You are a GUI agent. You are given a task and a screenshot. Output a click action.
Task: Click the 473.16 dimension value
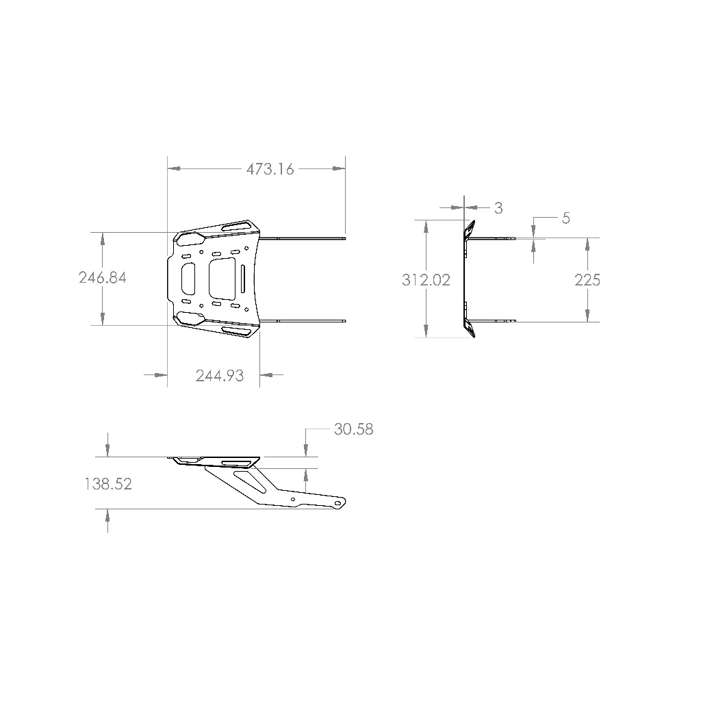point(270,169)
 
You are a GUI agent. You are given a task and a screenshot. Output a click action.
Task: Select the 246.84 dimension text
point(103,278)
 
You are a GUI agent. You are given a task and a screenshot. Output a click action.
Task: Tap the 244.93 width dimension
point(220,376)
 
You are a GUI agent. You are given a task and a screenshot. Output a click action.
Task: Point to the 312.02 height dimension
point(426,280)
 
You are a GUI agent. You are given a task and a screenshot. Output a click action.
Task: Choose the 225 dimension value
point(587,280)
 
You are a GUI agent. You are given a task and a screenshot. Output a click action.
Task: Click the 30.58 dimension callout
point(354,429)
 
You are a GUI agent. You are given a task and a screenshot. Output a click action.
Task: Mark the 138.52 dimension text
point(108,484)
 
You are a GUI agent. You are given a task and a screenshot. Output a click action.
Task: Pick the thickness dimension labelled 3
point(498,208)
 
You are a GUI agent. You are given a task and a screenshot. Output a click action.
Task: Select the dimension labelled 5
point(565,218)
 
